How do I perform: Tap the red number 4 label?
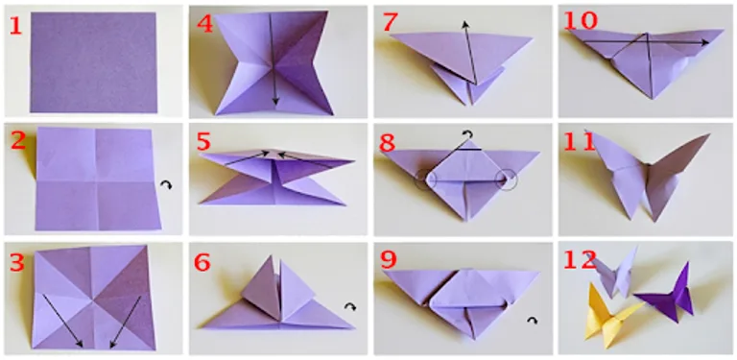pos(203,23)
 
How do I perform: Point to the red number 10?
pos(579,22)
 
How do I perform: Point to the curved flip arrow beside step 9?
pos(531,320)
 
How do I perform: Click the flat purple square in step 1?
pos(92,61)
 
